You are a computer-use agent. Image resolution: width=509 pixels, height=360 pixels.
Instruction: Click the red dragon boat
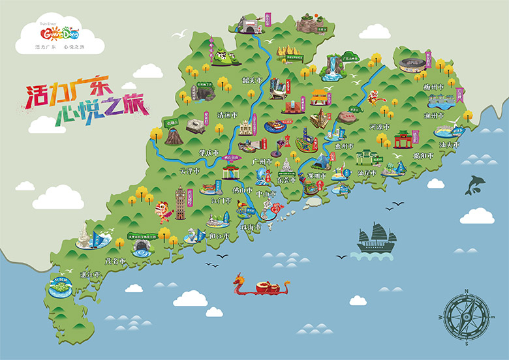click(261, 285)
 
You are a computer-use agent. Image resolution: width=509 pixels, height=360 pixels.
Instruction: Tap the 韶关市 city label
click(251, 82)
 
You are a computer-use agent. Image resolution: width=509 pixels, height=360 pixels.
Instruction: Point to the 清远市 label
click(228, 115)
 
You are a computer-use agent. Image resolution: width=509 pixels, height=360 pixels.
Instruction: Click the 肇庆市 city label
click(210, 153)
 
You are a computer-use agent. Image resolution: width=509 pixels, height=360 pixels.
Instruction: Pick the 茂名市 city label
click(114, 260)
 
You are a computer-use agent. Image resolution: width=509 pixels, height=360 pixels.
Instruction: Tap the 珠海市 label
click(251, 228)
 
